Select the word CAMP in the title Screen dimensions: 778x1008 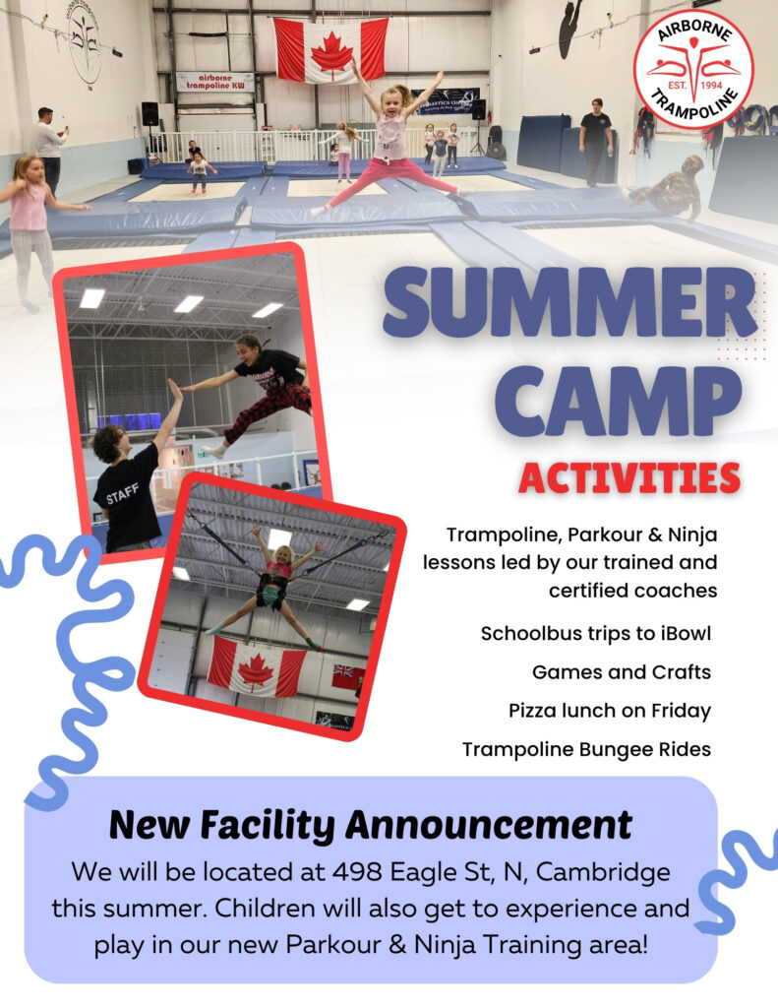(618, 403)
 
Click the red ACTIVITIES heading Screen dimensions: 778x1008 (629, 478)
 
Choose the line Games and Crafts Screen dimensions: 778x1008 (622, 672)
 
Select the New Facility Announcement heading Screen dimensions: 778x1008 (371, 825)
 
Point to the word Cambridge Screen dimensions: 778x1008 (603, 873)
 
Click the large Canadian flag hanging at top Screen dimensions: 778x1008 (330, 50)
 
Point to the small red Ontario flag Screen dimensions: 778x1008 (347, 677)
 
